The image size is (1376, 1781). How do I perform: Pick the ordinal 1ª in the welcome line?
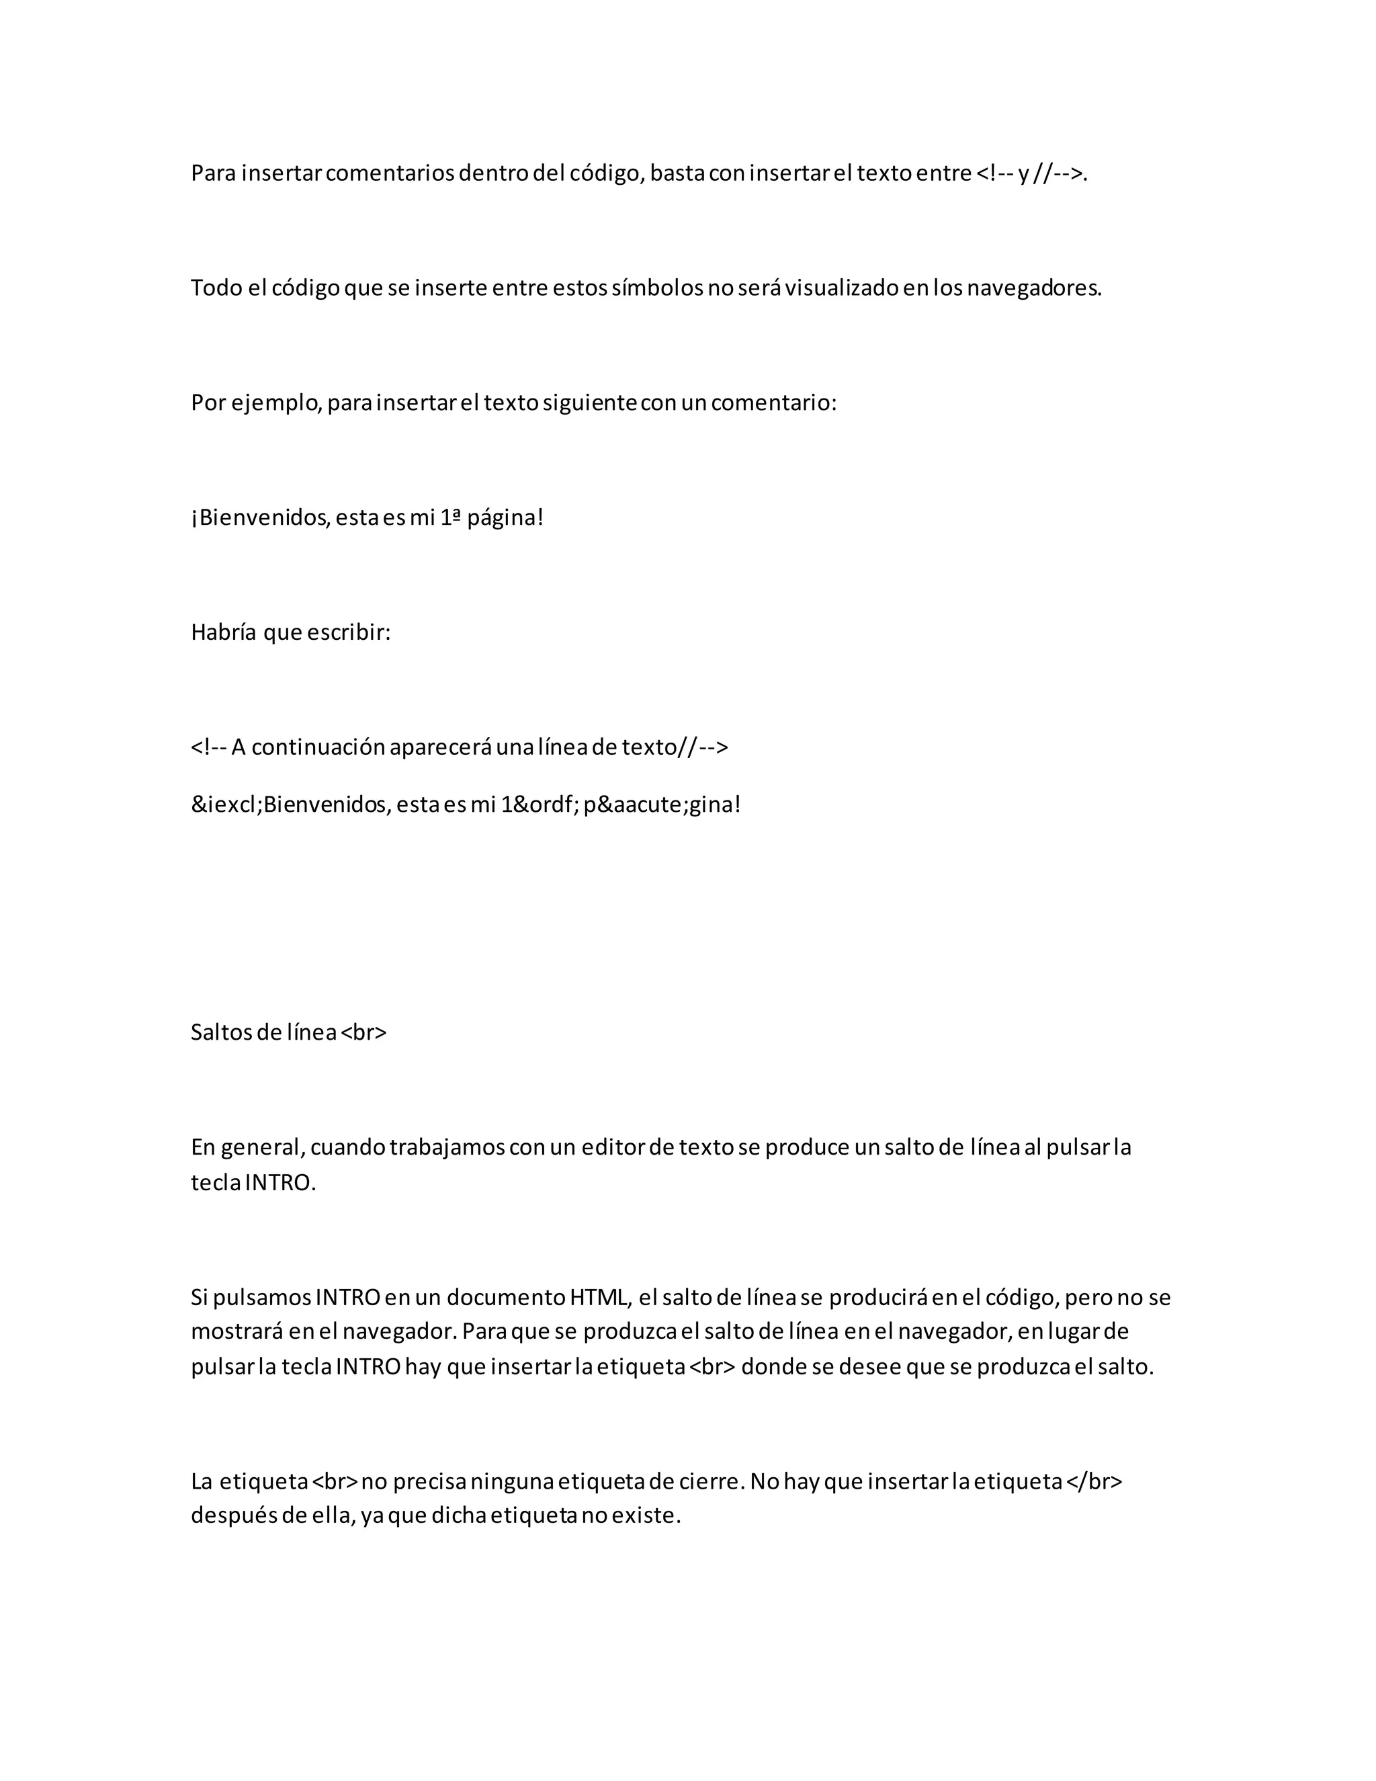pos(451,517)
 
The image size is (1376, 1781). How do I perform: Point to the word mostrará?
pos(236,1331)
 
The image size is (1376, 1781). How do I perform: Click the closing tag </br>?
pos(1094,1482)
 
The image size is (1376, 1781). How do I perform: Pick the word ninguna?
pos(512,1482)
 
